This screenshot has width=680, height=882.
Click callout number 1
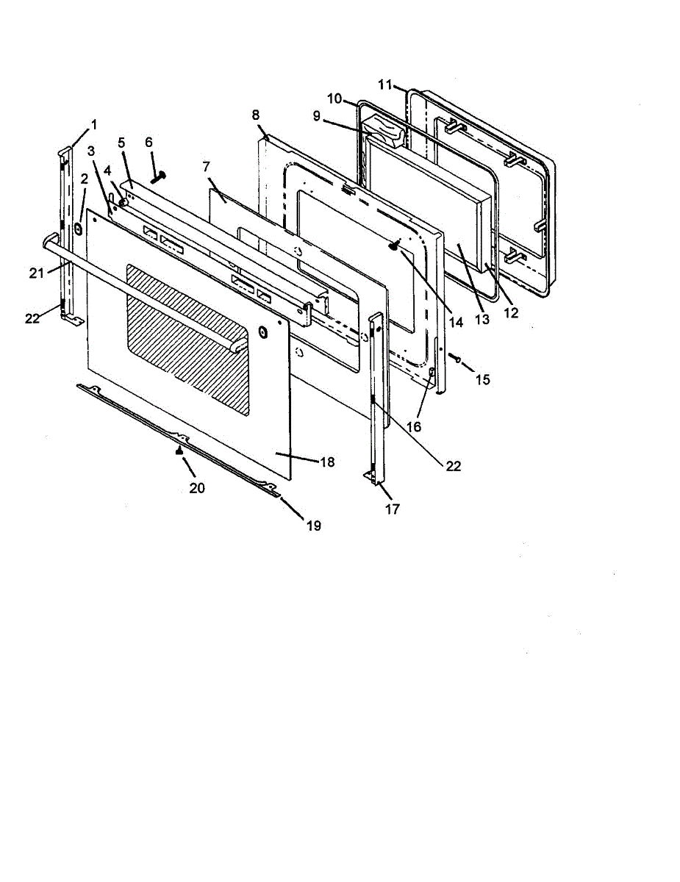[93, 123]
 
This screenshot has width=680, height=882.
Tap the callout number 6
[149, 141]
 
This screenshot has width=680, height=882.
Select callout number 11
[385, 85]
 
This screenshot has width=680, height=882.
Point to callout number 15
[482, 379]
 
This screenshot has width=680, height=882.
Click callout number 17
[393, 508]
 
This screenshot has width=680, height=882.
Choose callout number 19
[315, 526]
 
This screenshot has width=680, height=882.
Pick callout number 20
[197, 487]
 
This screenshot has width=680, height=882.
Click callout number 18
[327, 462]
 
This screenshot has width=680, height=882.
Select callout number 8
[255, 115]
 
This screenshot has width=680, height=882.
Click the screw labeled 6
[158, 177]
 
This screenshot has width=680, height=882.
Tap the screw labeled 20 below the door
[179, 453]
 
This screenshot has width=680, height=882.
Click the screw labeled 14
[395, 247]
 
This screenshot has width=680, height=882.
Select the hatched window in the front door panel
[187, 338]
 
